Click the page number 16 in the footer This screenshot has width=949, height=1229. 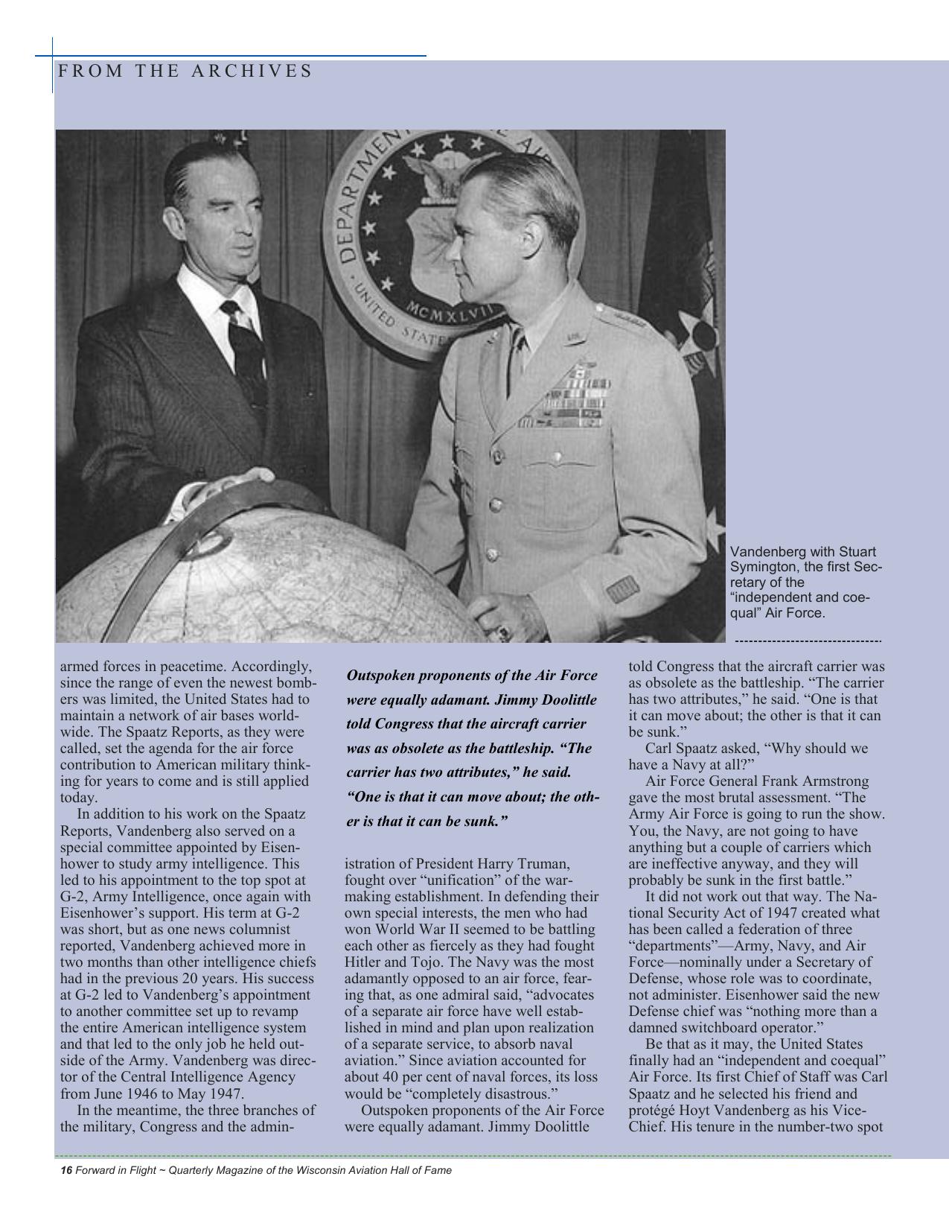tap(65, 1170)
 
